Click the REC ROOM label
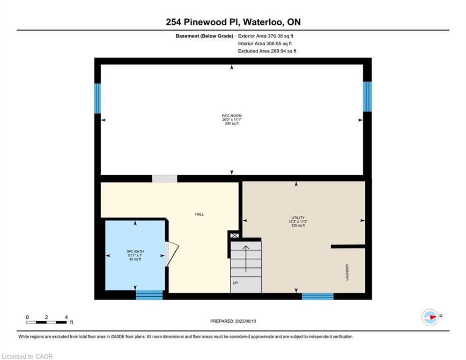click(231, 116)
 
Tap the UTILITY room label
click(298, 218)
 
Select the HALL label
click(200, 214)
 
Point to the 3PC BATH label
click(135, 251)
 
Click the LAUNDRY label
click(347, 272)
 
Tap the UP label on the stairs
click(235, 283)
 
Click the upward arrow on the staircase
click(246, 259)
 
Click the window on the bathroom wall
click(149, 295)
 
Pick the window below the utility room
click(318, 296)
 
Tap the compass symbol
click(430, 317)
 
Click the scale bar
click(46, 322)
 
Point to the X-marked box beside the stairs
click(235, 236)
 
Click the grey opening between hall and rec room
click(165, 179)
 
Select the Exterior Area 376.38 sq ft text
click(266, 36)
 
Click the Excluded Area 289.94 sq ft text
click(267, 51)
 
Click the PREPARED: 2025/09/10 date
click(233, 321)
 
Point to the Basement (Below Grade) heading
click(205, 36)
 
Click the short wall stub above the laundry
click(348, 247)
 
